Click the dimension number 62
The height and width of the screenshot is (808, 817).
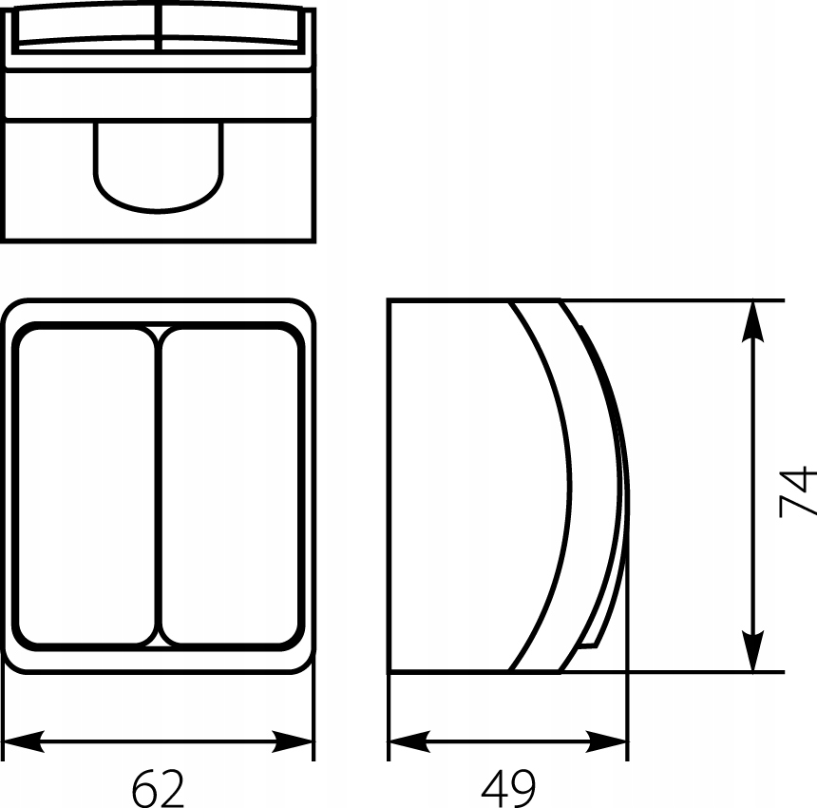(158, 788)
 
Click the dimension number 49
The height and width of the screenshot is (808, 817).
(508, 788)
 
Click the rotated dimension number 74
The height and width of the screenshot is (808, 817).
(797, 491)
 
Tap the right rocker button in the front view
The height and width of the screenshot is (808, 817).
(230, 487)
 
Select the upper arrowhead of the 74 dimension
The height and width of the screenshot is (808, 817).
(753, 321)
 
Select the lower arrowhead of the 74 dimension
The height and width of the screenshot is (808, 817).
(753, 650)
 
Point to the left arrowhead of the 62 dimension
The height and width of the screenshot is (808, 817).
(24, 741)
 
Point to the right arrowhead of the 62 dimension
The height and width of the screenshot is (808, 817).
(292, 741)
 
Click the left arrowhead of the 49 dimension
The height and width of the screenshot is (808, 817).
(410, 741)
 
